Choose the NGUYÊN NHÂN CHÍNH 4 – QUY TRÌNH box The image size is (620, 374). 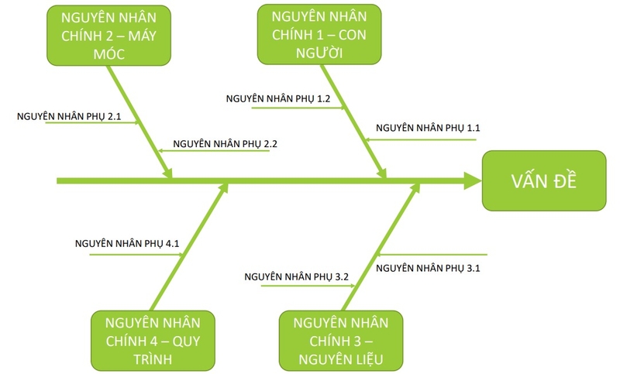pyautogui.click(x=153, y=341)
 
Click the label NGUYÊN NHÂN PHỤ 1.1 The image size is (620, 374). pyautogui.click(x=428, y=128)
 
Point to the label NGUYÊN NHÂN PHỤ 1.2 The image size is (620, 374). pyautogui.click(x=278, y=99)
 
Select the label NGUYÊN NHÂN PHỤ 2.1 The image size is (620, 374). pyautogui.click(x=70, y=115)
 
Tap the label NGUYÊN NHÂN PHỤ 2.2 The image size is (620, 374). pyautogui.click(x=226, y=143)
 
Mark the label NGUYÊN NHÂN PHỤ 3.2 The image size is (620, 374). pyautogui.click(x=297, y=276)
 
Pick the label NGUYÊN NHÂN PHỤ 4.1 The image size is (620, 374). pyautogui.click(x=127, y=243)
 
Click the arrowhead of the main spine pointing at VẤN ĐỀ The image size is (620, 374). pyautogui.click(x=472, y=181)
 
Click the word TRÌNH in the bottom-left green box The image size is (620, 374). pyautogui.click(x=153, y=360)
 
